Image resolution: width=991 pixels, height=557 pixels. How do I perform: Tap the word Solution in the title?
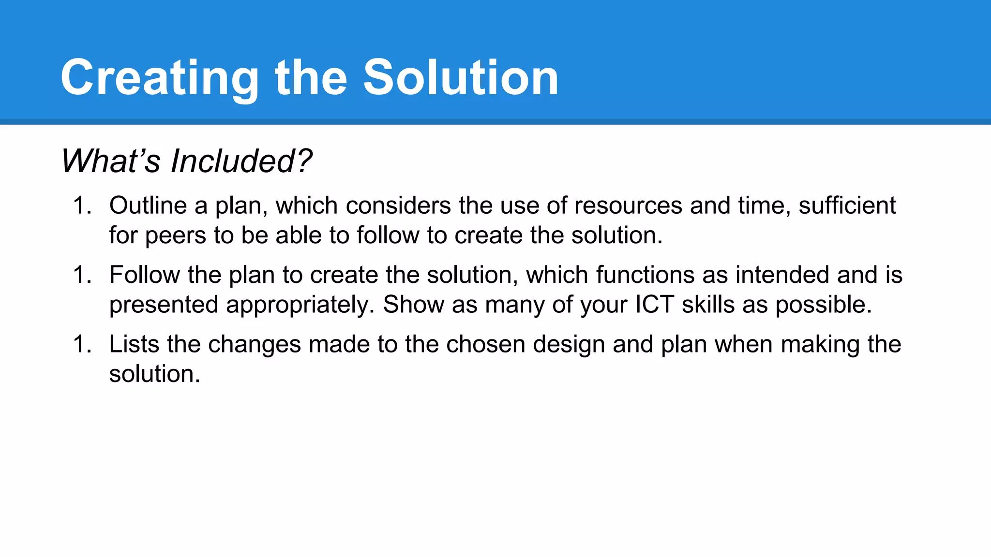pos(461,77)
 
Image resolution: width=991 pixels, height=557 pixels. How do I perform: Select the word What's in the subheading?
pos(110,161)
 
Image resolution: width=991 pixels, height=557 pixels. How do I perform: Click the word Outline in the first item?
pos(148,205)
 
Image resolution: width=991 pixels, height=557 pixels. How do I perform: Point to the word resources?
pos(628,205)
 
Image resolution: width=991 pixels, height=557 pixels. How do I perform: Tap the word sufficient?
pos(847,205)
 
